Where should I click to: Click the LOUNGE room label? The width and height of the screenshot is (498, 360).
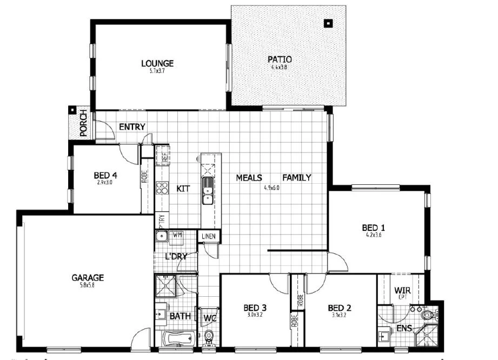click(x=157, y=63)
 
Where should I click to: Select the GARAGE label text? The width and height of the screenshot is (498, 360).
click(x=88, y=278)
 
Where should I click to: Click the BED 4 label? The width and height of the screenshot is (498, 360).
click(x=105, y=175)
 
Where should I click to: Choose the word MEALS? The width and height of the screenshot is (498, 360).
click(x=249, y=177)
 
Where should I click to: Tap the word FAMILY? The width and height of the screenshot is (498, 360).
click(x=296, y=177)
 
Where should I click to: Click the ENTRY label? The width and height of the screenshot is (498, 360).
click(x=132, y=127)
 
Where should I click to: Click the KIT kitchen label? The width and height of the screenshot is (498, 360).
click(x=184, y=189)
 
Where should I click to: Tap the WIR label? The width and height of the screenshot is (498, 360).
click(x=403, y=290)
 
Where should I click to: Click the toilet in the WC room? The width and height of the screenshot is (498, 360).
click(x=209, y=338)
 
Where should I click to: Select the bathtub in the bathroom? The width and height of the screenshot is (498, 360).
click(x=177, y=339)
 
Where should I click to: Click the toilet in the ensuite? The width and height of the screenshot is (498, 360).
click(x=428, y=313)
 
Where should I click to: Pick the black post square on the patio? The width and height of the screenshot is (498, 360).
click(x=328, y=23)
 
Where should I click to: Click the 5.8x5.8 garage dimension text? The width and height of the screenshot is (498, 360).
click(x=88, y=285)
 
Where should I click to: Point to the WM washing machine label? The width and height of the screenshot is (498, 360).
click(x=177, y=235)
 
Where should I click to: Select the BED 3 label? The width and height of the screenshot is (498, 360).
click(x=255, y=309)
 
